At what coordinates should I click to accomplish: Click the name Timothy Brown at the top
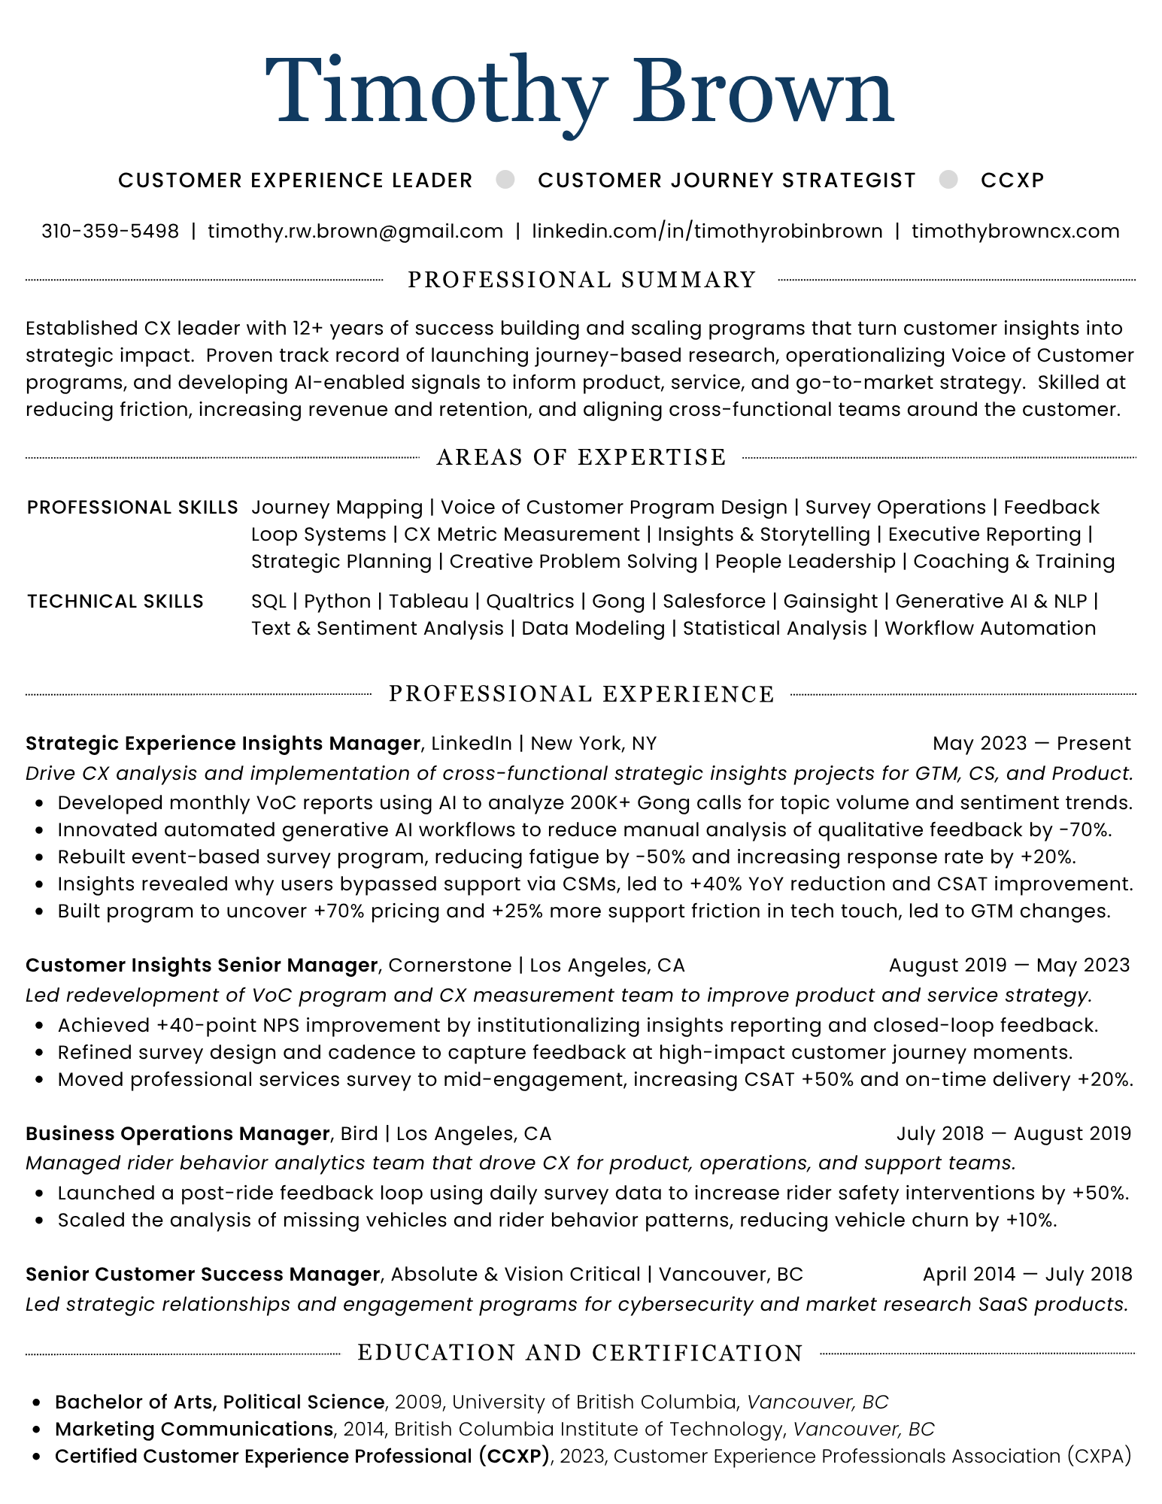pyautogui.click(x=580, y=92)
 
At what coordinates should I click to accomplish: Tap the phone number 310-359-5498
pyautogui.click(x=111, y=231)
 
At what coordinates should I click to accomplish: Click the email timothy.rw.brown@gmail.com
pyautogui.click(x=355, y=231)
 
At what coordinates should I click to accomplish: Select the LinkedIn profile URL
pyautogui.click(x=707, y=231)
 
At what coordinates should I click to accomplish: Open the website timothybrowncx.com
pyautogui.click(x=1015, y=231)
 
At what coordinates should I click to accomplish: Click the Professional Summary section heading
pyautogui.click(x=581, y=280)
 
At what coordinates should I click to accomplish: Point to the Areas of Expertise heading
pyautogui.click(x=581, y=457)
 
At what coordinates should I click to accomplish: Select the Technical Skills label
pyautogui.click(x=115, y=602)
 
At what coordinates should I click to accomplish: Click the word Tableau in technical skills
pyautogui.click(x=429, y=602)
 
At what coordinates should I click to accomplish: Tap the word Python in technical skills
pyautogui.click(x=337, y=602)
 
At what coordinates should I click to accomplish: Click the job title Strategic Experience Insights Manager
pyautogui.click(x=223, y=744)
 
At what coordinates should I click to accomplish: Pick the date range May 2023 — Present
pyautogui.click(x=1031, y=744)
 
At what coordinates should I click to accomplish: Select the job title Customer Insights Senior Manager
pyautogui.click(x=202, y=966)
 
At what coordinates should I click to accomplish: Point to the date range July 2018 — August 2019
pyautogui.click(x=1013, y=1133)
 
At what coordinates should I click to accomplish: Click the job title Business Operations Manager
pyautogui.click(x=177, y=1133)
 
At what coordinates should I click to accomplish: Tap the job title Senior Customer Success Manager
pyautogui.click(x=202, y=1274)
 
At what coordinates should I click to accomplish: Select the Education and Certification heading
pyautogui.click(x=580, y=1353)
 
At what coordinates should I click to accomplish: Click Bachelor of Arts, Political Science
pyautogui.click(x=220, y=1402)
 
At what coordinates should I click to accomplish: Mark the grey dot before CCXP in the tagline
pyautogui.click(x=948, y=180)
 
